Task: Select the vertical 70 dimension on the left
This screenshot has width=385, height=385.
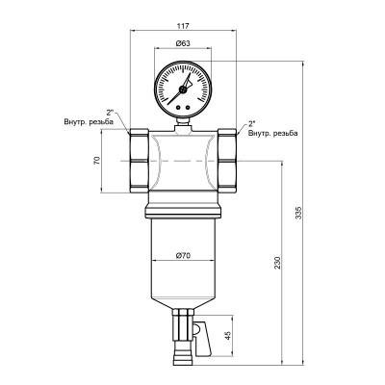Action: pyautogui.click(x=97, y=161)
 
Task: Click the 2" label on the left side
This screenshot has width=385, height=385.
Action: pyautogui.click(x=112, y=113)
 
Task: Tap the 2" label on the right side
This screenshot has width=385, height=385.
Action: pyautogui.click(x=251, y=123)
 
